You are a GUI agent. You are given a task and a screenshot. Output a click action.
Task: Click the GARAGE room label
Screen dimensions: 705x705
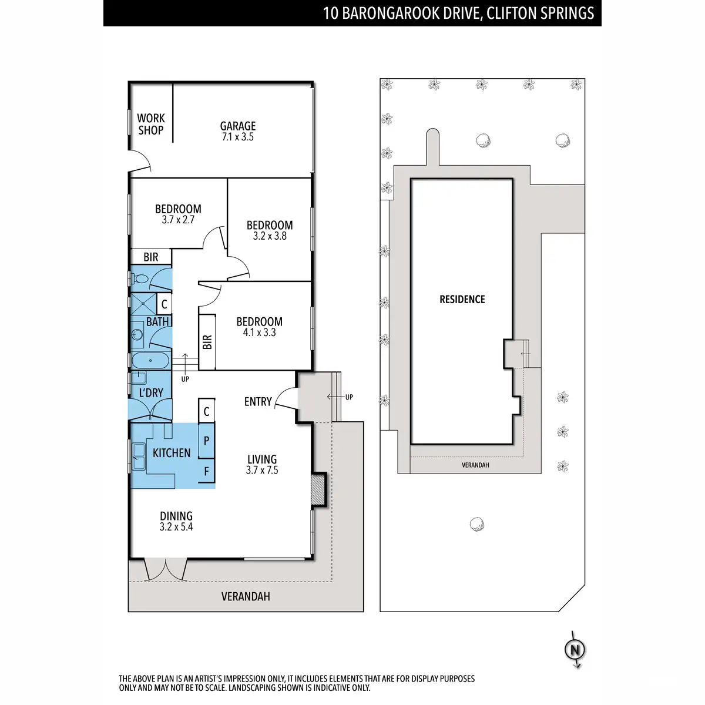tap(238, 126)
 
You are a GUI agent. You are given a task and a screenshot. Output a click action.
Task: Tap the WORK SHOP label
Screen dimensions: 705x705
tap(151, 124)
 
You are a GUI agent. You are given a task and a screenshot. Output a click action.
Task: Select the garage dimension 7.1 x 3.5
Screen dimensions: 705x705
tap(238, 137)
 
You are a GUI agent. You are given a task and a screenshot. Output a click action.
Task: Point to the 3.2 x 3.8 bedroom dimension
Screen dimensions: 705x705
tap(270, 236)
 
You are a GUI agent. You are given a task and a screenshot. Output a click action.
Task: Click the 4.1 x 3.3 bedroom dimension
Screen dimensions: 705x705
tap(259, 333)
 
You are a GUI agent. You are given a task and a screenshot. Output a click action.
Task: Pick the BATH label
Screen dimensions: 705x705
tap(157, 321)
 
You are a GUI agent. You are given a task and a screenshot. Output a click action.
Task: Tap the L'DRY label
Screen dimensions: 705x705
tap(151, 392)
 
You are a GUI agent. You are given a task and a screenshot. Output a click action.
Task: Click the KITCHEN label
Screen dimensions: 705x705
tap(172, 453)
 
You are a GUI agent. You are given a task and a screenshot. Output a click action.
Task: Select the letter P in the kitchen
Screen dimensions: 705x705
tap(206, 441)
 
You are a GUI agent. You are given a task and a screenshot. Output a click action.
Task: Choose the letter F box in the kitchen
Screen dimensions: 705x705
tap(206, 471)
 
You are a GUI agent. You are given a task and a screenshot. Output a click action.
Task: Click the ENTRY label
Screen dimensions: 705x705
tap(258, 402)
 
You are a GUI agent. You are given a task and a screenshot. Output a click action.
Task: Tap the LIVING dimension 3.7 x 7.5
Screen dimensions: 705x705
tap(262, 470)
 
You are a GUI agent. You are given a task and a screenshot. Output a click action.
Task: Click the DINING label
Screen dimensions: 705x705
tap(176, 516)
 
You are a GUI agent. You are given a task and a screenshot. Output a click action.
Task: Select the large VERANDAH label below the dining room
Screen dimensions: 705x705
tap(246, 596)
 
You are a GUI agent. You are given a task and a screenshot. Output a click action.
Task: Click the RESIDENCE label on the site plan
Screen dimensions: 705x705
tap(462, 300)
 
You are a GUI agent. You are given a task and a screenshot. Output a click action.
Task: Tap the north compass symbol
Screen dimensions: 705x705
tap(575, 650)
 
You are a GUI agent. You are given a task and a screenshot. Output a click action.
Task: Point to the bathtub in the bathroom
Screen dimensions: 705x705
tap(150, 360)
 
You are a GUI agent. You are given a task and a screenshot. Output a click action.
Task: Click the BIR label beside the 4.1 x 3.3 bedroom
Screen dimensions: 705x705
tap(207, 342)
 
